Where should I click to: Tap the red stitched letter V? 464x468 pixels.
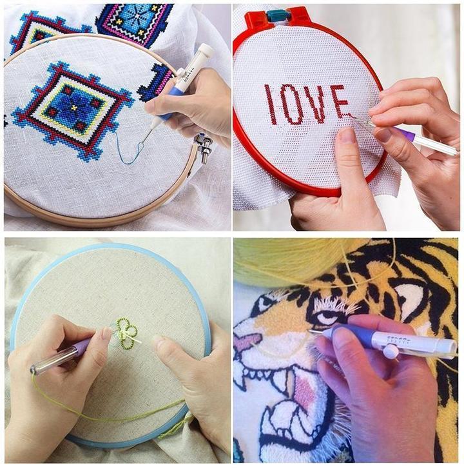[x=317, y=102]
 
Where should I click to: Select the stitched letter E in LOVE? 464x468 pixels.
[x=340, y=101]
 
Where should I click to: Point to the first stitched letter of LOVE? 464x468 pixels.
[x=271, y=105]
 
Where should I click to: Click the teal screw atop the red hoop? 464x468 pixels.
[x=279, y=15]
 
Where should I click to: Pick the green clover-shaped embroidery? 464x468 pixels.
[x=126, y=333]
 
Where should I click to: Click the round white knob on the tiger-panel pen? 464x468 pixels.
[x=390, y=351]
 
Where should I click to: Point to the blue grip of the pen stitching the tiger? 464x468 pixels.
[x=351, y=335]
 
